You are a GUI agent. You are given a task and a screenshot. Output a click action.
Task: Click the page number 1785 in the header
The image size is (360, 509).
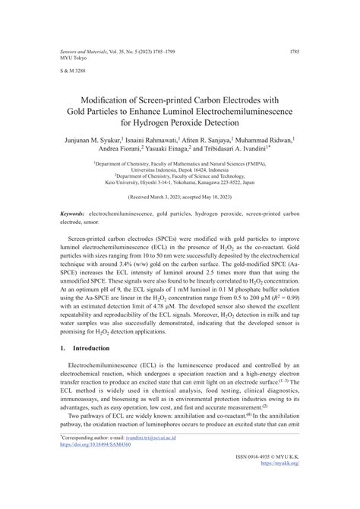coord(295,52)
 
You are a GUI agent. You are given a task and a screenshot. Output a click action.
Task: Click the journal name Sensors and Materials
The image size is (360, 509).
coord(83,52)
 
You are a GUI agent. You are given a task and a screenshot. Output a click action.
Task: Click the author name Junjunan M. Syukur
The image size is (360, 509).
coord(91,140)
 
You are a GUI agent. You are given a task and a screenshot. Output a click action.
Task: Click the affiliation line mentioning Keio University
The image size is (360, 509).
coord(180,182)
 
